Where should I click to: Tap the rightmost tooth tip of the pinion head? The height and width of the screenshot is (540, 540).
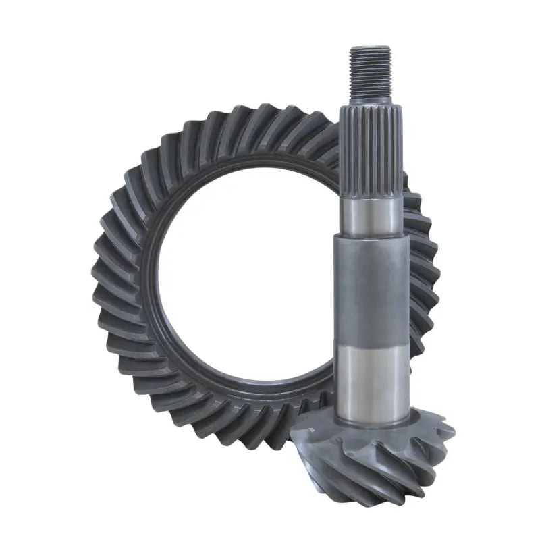coord(451,432)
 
